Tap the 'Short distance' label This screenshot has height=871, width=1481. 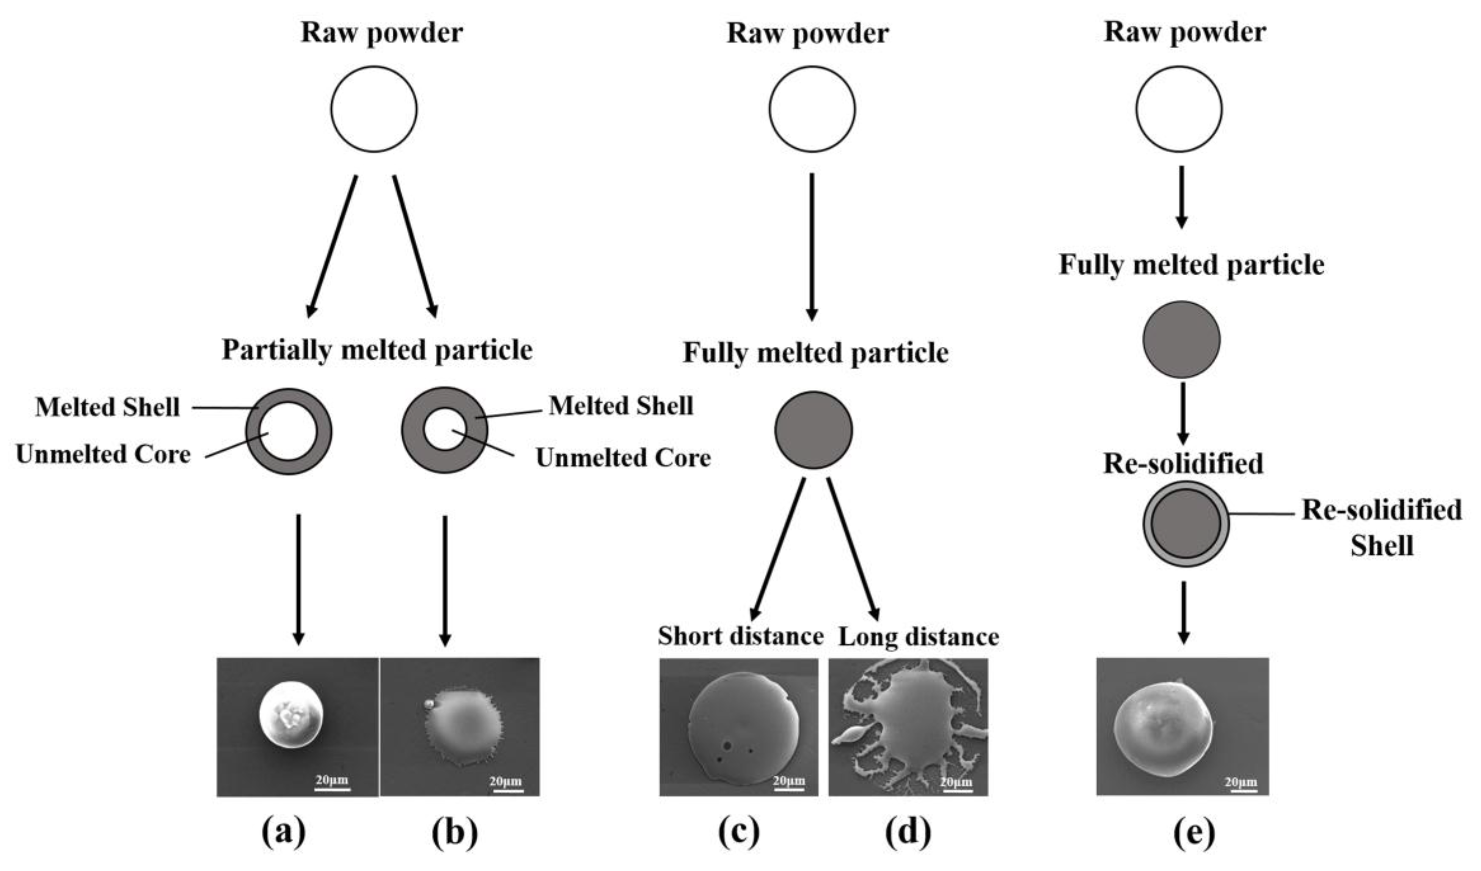(x=740, y=636)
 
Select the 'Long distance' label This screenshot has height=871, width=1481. (x=919, y=637)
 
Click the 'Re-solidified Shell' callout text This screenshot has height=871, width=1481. (x=1381, y=527)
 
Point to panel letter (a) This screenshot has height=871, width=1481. (x=284, y=832)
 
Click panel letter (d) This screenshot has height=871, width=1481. (x=908, y=832)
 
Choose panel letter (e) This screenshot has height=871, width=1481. (x=1194, y=832)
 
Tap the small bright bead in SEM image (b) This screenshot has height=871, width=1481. (x=429, y=704)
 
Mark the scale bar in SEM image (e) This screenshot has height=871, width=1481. (x=1241, y=790)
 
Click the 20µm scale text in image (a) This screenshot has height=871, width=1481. (x=332, y=780)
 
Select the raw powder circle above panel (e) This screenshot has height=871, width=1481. (x=1178, y=109)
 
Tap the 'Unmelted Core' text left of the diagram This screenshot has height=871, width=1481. (x=103, y=455)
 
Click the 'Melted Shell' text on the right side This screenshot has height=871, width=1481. (x=621, y=406)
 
